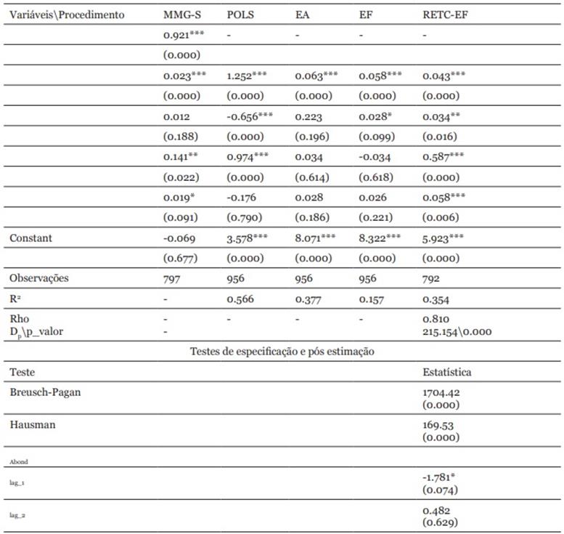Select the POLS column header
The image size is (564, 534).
click(x=242, y=15)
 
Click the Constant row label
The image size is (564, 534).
click(x=31, y=238)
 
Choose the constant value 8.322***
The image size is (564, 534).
click(x=380, y=238)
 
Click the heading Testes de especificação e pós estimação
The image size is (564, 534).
click(x=282, y=352)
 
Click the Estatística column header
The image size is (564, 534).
click(x=446, y=372)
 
